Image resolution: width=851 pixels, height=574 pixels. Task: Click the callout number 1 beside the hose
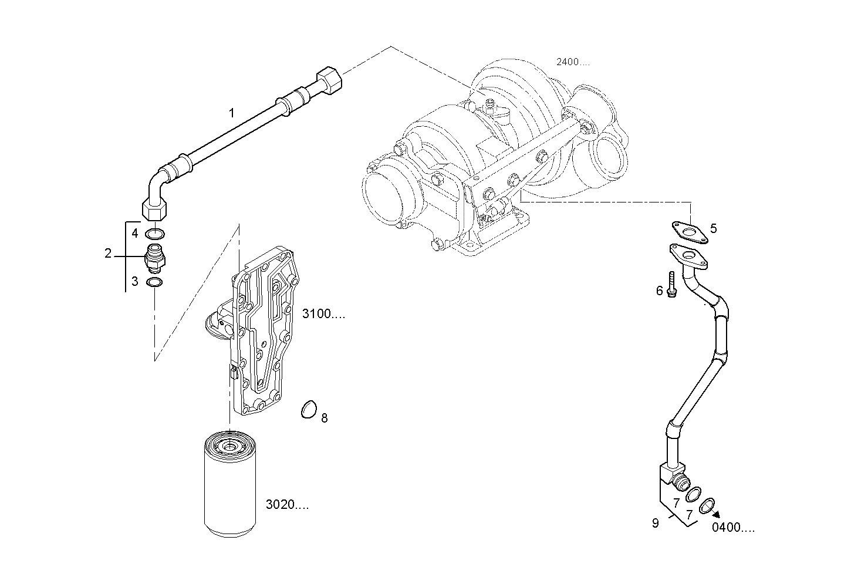tap(232, 113)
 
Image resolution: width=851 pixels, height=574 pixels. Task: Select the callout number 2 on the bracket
tap(108, 254)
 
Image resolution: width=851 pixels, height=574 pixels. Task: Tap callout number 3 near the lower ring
tap(134, 281)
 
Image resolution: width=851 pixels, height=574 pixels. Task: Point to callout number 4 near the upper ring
tap(134, 233)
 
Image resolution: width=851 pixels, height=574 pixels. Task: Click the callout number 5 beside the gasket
tap(713, 228)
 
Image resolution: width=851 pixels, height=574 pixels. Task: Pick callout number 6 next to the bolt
tap(659, 291)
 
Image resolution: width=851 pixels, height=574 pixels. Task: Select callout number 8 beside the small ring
tap(324, 418)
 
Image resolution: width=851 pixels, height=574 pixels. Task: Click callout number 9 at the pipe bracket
tap(656, 523)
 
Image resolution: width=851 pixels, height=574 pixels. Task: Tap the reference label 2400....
tap(573, 62)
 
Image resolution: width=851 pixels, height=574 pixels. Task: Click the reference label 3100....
tap(323, 314)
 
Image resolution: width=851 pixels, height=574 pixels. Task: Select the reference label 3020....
tap(287, 504)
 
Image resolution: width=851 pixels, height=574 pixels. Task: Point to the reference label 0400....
tap(733, 528)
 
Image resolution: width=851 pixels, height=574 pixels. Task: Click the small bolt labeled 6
tap(671, 285)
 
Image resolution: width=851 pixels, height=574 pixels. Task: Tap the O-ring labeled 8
tap(309, 410)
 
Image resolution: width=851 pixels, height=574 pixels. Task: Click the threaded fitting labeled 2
tap(155, 258)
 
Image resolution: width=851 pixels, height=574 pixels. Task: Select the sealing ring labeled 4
tap(155, 234)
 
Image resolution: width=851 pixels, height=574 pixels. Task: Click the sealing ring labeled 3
tap(155, 283)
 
